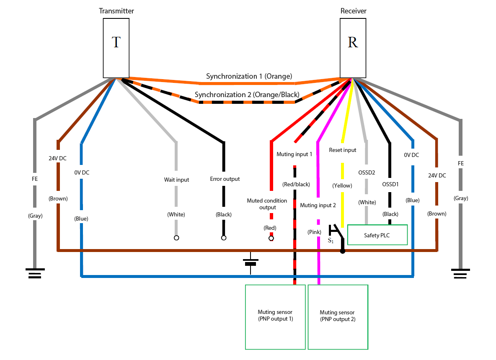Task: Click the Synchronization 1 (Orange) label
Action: pyautogui.click(x=249, y=76)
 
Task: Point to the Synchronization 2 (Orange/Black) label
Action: pyautogui.click(x=247, y=95)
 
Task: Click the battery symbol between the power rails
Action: pyautogui.click(x=251, y=263)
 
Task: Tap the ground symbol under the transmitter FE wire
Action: pyautogui.click(x=35, y=273)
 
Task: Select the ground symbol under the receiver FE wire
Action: pyautogui.click(x=460, y=273)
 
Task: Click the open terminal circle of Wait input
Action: pyautogui.click(x=176, y=238)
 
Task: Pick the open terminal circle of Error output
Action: pyautogui.click(x=224, y=238)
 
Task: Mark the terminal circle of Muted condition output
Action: pyautogui.click(x=271, y=238)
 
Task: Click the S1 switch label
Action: pyautogui.click(x=331, y=241)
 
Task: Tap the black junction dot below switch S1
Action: pyautogui.click(x=343, y=251)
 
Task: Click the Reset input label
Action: pyautogui.click(x=343, y=150)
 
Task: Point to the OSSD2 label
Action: pyautogui.click(x=367, y=172)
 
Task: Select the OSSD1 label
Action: pyautogui.click(x=390, y=184)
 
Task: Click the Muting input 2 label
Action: pyautogui.click(x=318, y=206)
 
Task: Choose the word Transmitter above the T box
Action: pyautogui.click(x=116, y=11)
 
